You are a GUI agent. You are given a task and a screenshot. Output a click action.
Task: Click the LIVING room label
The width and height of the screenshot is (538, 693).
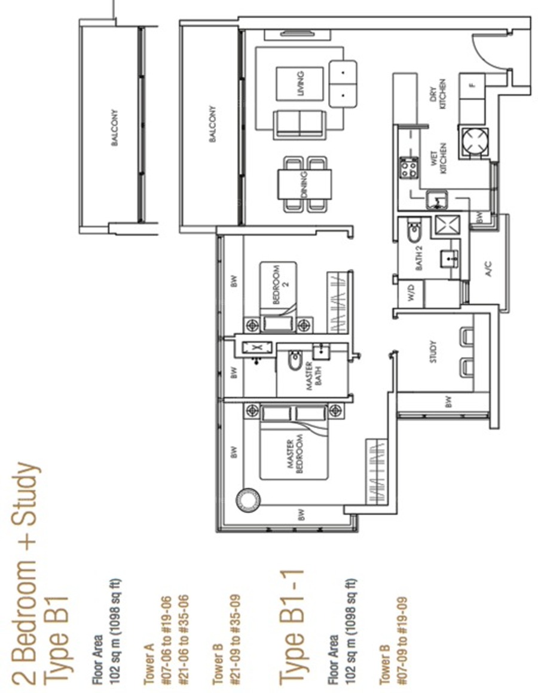[x=301, y=84]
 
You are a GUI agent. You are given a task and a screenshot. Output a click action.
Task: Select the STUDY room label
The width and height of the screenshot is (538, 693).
[x=433, y=352]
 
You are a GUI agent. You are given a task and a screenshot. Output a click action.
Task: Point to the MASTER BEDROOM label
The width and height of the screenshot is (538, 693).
[x=295, y=456]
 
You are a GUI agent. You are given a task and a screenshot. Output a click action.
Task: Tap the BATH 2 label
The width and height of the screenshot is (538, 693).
[x=419, y=259]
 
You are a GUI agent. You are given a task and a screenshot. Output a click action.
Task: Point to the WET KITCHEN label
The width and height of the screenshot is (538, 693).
[x=439, y=158]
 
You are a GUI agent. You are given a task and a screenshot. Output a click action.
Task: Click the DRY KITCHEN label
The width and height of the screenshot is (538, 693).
[x=438, y=94]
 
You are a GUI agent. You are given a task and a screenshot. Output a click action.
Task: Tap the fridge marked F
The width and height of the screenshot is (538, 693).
[x=472, y=86]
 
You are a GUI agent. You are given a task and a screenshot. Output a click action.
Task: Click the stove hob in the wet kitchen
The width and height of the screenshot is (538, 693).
[x=408, y=168]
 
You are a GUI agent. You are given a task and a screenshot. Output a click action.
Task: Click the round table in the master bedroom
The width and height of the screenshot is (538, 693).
[x=247, y=500]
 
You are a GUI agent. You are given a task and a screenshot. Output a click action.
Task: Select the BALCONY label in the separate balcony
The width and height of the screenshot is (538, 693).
[x=114, y=127]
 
